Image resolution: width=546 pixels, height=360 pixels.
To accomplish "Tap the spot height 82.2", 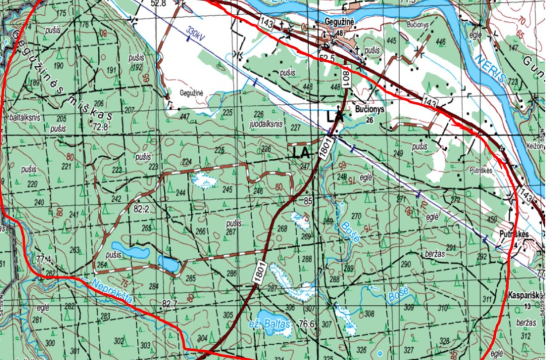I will (x=141, y=210).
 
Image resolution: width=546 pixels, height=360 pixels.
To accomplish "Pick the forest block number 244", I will (x=181, y=192).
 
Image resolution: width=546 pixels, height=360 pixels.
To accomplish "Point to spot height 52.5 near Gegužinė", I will (x=327, y=58).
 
